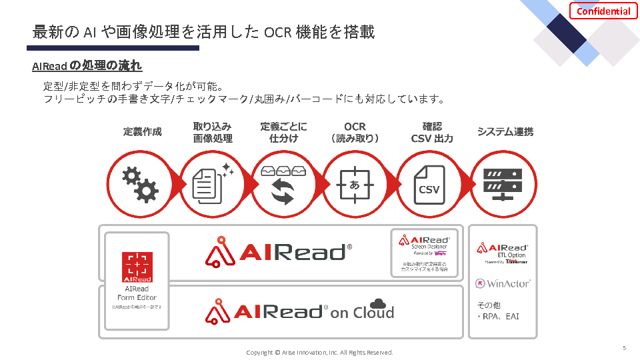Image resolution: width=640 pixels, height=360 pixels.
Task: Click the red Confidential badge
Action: [603, 11]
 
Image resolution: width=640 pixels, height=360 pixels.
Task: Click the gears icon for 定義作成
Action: [141, 184]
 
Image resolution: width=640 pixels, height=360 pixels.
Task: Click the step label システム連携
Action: [505, 132]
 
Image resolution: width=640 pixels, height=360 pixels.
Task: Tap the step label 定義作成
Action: [142, 132]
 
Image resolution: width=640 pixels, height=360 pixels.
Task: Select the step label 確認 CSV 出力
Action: [432, 132]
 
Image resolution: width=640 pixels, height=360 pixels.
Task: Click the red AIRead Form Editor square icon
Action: [137, 267]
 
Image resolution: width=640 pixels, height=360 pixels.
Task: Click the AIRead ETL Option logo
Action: [502, 251]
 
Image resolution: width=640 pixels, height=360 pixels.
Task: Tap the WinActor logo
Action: [503, 283]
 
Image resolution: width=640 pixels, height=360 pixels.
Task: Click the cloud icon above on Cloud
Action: [378, 303]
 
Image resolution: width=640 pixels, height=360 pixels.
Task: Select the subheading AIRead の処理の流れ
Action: [87, 67]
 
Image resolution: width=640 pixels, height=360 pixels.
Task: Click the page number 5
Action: [624, 348]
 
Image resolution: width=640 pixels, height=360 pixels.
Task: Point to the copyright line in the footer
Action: [319, 352]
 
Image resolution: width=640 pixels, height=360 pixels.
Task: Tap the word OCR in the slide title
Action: [277, 32]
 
